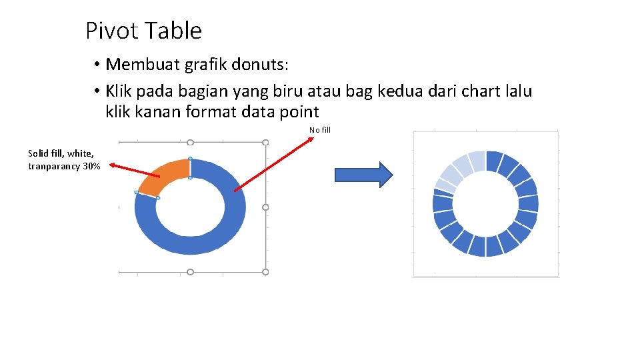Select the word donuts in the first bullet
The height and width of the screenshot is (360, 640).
coord(258,65)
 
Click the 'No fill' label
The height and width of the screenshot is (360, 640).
coord(320,130)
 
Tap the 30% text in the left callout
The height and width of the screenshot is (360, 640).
coord(91,167)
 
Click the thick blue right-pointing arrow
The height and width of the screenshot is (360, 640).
coord(363,175)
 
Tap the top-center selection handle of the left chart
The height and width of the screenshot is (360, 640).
coord(190,143)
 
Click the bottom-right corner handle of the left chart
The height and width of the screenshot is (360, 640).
coord(265,272)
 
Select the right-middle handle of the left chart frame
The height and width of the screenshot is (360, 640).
coord(265,207)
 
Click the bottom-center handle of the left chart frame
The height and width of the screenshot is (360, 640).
coord(190,272)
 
